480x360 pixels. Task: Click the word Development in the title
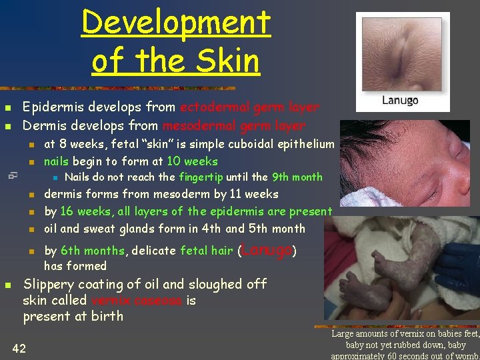[176, 23]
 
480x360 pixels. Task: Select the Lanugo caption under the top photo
[400, 101]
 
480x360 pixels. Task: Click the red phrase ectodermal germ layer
[249, 107]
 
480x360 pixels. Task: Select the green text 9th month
[297, 177]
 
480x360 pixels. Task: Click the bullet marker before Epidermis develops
[7, 108]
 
